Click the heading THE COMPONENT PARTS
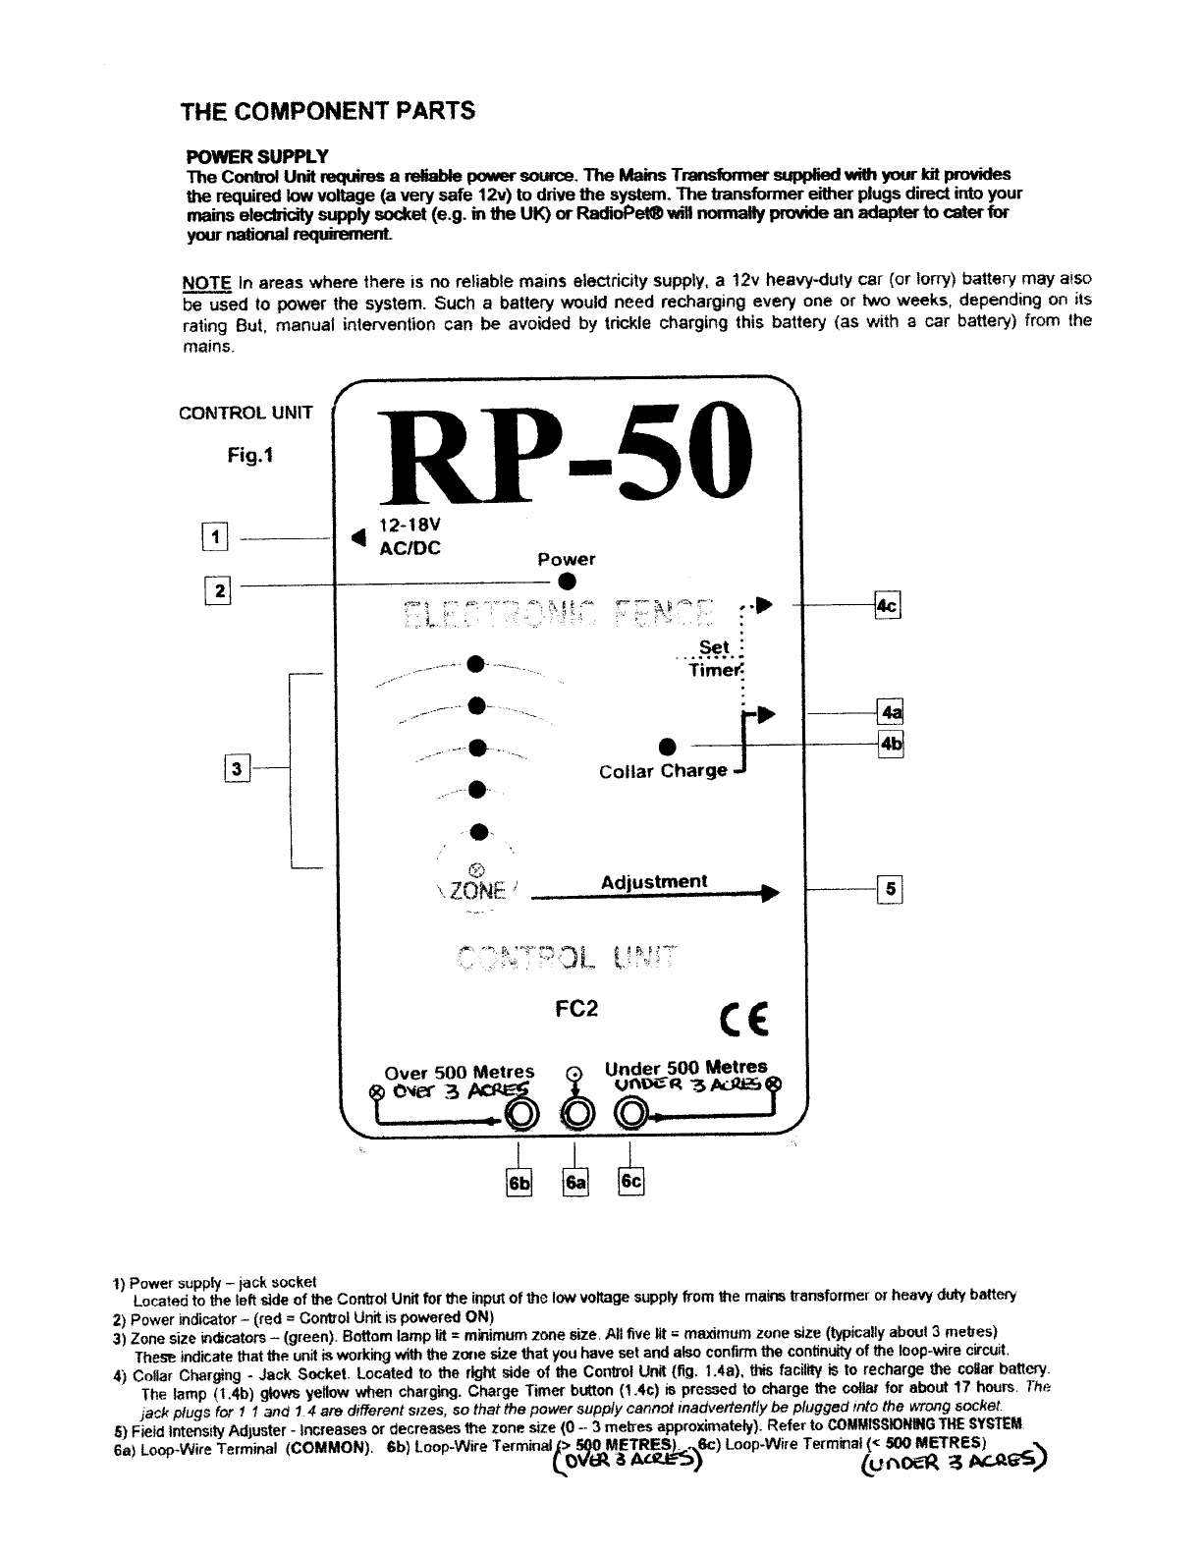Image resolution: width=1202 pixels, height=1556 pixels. (328, 110)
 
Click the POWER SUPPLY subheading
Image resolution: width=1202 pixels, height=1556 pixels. (257, 157)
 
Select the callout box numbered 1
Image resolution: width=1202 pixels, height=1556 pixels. (213, 537)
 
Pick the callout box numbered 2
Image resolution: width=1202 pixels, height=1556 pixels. (218, 590)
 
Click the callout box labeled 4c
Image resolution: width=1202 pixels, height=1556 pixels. (887, 606)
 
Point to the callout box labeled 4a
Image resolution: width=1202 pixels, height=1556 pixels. (890, 711)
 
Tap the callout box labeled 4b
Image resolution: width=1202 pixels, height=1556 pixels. (890, 744)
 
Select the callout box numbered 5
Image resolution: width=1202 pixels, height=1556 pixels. (890, 890)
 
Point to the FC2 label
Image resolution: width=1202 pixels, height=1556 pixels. (576, 1009)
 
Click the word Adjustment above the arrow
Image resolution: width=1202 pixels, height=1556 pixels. (653, 881)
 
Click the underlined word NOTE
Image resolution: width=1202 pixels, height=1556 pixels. (205, 282)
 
